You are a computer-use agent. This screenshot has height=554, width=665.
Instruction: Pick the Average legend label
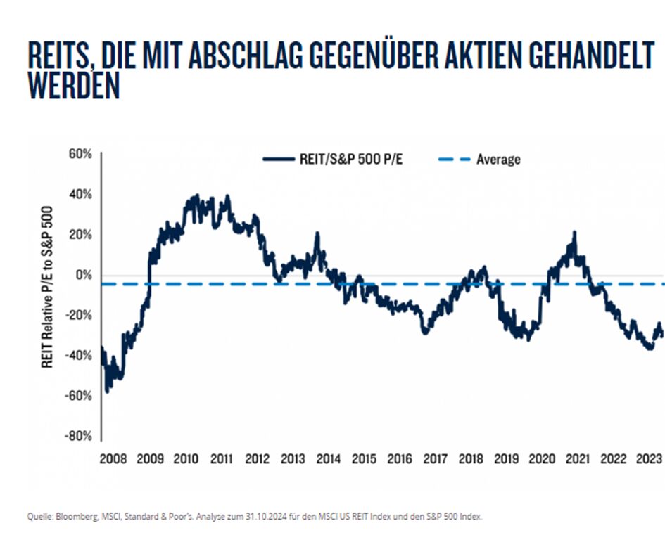498,160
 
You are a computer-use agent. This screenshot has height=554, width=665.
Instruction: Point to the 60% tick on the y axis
79,153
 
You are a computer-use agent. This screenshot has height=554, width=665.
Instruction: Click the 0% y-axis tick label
84,274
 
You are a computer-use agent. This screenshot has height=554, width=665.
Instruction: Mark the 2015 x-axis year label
363,460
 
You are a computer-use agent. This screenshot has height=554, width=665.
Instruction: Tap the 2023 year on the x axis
649,460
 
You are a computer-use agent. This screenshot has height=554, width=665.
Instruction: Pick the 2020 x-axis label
542,460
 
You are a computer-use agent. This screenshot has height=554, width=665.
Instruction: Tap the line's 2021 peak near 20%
575,233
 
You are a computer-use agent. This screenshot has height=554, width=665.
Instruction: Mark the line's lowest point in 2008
106,392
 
